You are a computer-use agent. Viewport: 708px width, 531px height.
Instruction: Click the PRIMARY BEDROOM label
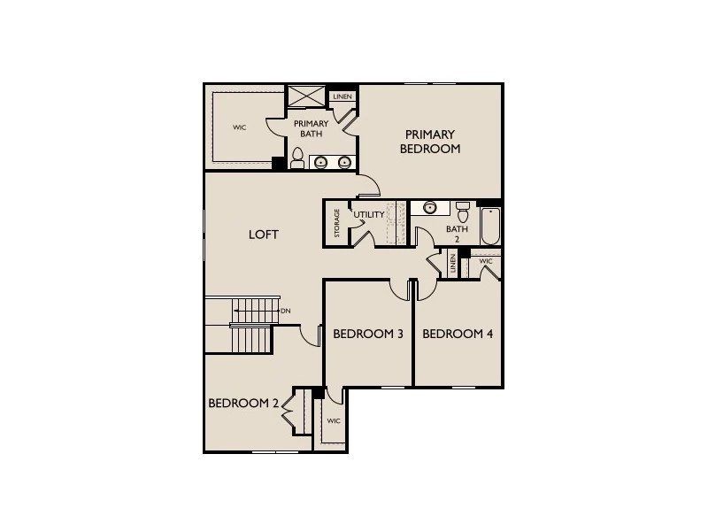click(x=430, y=141)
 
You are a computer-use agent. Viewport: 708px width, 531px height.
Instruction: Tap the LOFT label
click(x=263, y=235)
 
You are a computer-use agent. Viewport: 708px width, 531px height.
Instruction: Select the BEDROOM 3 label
click(x=368, y=334)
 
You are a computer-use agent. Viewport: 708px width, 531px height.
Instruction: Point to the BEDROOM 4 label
click(x=458, y=334)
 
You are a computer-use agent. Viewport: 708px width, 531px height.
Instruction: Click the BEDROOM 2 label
click(x=243, y=403)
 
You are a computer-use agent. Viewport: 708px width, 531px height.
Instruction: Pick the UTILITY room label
click(x=368, y=215)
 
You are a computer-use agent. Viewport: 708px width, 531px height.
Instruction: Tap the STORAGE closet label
click(x=337, y=223)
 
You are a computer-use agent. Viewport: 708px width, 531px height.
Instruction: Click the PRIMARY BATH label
click(x=312, y=129)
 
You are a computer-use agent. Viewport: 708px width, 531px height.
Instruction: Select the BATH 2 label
click(x=457, y=234)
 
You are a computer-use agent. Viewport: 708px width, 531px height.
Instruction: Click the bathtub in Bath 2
click(x=489, y=227)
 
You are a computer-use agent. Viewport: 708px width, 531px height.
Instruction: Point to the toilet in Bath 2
click(x=462, y=212)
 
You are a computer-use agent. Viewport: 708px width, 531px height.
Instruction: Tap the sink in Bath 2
click(x=430, y=208)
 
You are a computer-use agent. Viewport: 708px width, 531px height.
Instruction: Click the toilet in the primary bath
click(x=298, y=159)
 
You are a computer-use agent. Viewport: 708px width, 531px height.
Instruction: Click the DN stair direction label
click(x=285, y=311)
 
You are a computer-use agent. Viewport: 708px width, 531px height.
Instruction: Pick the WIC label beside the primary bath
click(x=239, y=127)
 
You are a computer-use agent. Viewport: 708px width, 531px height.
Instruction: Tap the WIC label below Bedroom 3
click(x=334, y=421)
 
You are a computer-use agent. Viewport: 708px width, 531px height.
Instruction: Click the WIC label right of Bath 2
click(x=486, y=262)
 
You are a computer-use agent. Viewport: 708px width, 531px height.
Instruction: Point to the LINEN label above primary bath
click(x=340, y=96)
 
